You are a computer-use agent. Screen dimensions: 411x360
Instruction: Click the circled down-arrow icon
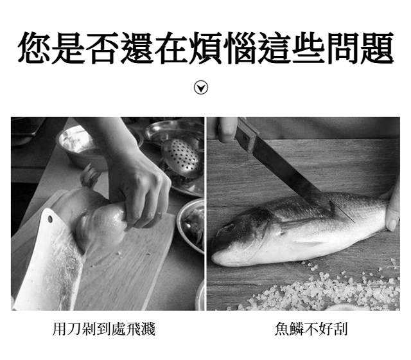201,87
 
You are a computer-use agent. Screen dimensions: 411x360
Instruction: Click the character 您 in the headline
34,48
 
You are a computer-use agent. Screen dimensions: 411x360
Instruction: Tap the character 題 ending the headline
377,48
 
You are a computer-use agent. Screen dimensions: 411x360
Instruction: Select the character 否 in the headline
103,48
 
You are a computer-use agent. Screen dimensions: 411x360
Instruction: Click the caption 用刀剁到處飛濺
104,328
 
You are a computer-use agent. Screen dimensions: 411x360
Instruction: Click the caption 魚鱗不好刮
311,328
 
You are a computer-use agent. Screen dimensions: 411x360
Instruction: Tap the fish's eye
230,227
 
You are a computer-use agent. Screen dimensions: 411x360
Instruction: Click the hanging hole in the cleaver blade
50,219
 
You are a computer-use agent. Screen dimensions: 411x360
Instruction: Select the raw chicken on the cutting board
94,218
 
